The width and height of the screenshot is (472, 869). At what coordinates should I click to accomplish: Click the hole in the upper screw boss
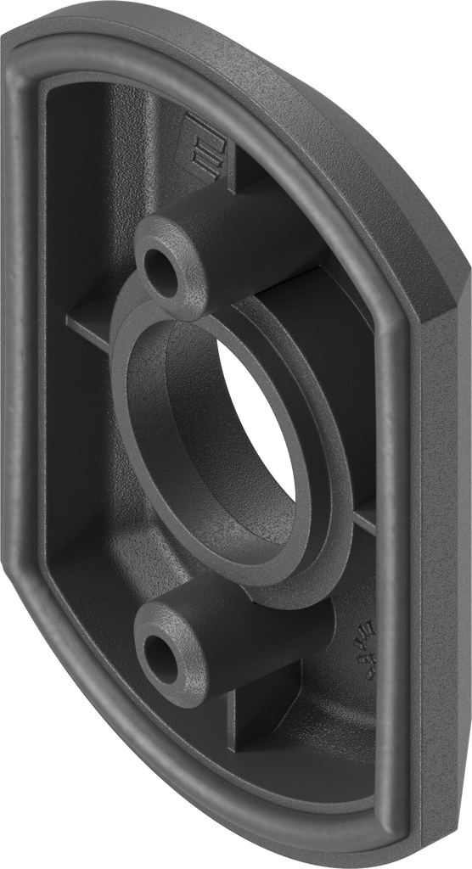coord(160,269)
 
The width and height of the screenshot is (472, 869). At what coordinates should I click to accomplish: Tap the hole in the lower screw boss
coord(160,655)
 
